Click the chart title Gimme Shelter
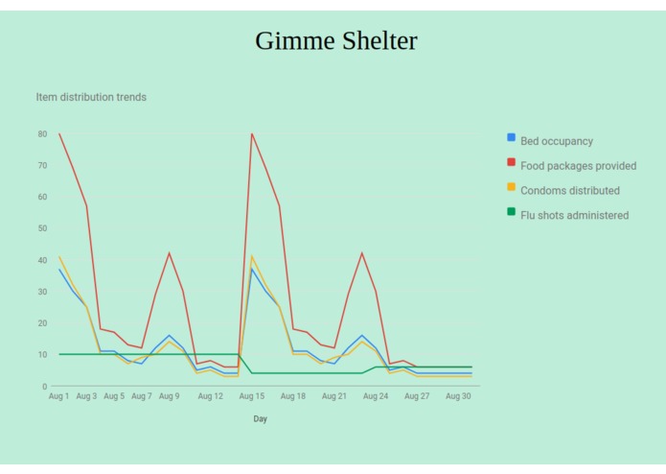tap(335, 41)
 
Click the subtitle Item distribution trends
tap(91, 97)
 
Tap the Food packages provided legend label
tap(578, 166)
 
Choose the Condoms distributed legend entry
tap(569, 190)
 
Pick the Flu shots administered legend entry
tap(574, 215)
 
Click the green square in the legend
tap(512, 212)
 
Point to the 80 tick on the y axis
tap(42, 134)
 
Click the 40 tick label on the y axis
tap(42, 260)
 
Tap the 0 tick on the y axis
tap(45, 387)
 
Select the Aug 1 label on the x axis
tap(59, 396)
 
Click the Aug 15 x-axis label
tap(252, 396)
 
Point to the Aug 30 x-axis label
tap(458, 396)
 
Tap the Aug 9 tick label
tap(169, 396)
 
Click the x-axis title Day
tap(261, 419)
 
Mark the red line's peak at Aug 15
tap(252, 133)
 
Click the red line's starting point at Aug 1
tap(59, 133)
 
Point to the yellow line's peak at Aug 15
tap(252, 256)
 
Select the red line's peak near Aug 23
tap(361, 253)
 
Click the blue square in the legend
tap(512, 138)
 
